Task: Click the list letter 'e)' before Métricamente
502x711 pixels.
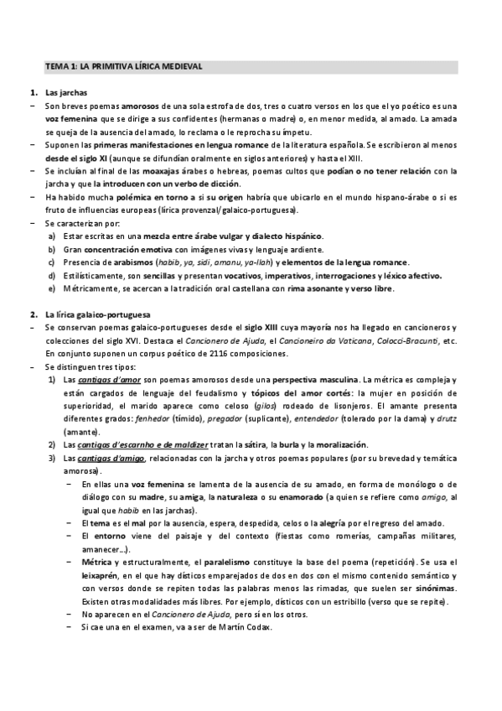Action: [53, 289]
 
